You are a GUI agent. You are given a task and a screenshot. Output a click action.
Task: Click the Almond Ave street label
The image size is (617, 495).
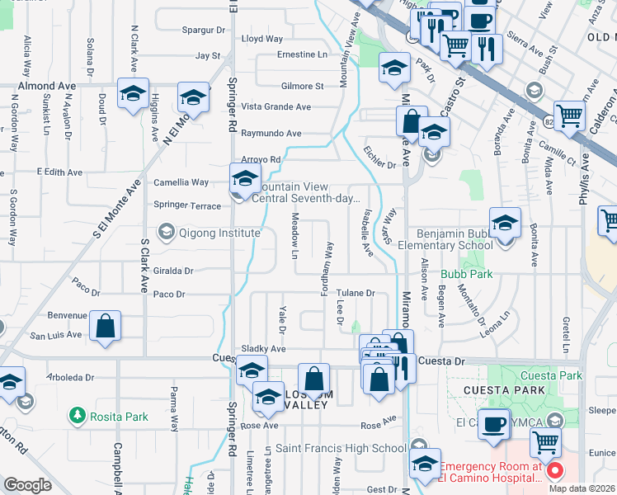(x=47, y=86)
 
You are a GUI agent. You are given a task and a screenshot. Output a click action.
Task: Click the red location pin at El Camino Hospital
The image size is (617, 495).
(x=554, y=472)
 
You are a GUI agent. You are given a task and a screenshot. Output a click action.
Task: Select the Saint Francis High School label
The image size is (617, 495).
(x=341, y=448)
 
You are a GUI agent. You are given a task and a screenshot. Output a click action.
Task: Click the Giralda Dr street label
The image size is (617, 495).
(x=173, y=270)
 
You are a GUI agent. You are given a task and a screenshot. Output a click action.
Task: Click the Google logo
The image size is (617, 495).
(x=27, y=485)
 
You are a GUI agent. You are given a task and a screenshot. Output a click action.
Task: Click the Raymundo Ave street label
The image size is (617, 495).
(x=271, y=133)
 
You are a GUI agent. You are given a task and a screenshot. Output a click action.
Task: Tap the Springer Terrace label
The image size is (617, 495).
(x=187, y=205)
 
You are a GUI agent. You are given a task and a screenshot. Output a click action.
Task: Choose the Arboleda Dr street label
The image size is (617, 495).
(x=72, y=378)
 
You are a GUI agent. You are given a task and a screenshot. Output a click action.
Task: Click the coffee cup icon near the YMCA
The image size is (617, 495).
(x=493, y=424)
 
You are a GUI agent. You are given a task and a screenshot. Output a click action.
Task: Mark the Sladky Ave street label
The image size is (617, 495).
(x=262, y=350)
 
